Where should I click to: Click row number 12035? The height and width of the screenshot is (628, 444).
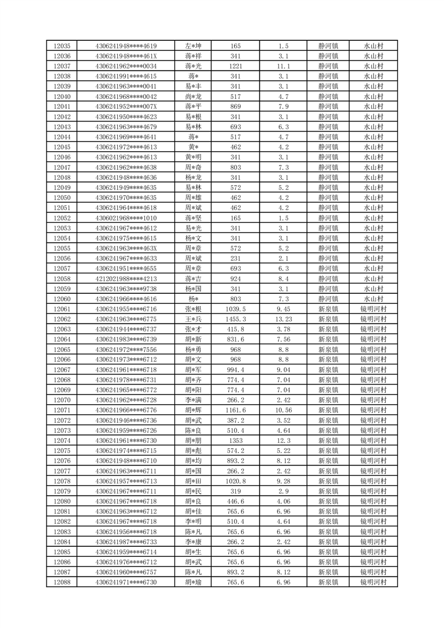pos(62,46)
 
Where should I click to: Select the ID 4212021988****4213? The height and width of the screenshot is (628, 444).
pos(126,279)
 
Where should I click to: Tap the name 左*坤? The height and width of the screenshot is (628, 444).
pos(193,46)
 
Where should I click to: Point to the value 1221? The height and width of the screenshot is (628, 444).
pos(235,66)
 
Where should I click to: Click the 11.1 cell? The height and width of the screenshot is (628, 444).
pos(283,66)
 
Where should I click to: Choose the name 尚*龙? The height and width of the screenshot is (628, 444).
pos(193,96)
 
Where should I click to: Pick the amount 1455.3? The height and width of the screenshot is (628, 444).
pos(235,319)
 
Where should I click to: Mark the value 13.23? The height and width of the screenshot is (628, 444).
pos(283,319)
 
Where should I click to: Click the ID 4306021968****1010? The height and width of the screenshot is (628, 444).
pos(126,218)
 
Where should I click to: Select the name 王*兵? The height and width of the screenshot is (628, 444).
pos(193,319)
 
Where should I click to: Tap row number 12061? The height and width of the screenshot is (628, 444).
pos(62,309)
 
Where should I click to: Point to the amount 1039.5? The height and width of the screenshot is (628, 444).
pos(235,309)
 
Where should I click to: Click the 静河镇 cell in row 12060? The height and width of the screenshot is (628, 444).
pos(328,299)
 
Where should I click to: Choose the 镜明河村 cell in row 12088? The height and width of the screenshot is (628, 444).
pos(373,583)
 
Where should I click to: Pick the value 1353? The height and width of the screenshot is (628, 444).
pos(235,441)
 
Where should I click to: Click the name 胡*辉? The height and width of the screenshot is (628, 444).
pos(193,410)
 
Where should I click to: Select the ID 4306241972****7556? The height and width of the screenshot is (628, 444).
pos(126,349)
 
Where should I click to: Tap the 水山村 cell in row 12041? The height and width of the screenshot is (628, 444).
pos(373,106)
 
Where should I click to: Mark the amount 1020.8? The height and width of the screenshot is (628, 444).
pos(235,481)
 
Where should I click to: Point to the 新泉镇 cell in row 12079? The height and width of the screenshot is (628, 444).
pos(328,491)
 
